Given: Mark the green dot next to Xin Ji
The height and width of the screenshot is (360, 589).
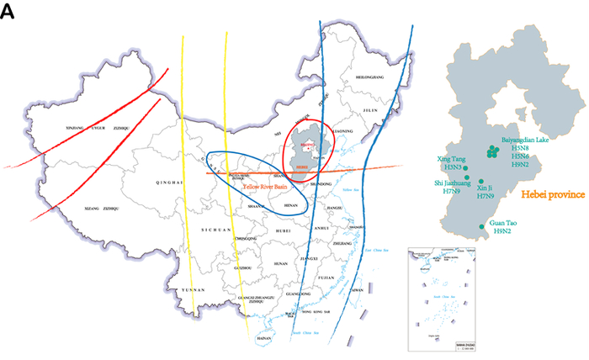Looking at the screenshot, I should (480, 182).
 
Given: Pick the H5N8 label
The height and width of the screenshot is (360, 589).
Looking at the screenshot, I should (520, 146).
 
